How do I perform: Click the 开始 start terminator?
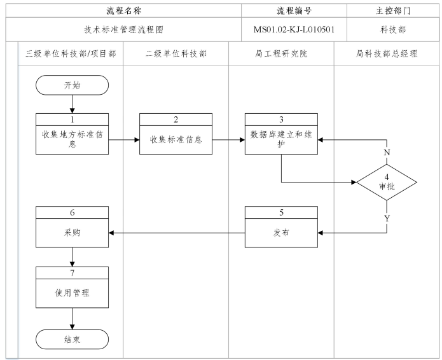coord(72,85)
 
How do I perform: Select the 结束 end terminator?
coord(72,340)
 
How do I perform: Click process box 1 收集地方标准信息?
coord(72,134)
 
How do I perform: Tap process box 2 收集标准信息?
coord(176,134)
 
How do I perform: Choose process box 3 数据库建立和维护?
coord(282,134)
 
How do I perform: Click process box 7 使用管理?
coord(72,287)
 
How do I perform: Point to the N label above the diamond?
coord(386,153)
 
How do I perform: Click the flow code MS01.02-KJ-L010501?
coord(294,29)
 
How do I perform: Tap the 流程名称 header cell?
coord(123,10)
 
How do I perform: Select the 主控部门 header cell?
coord(392,10)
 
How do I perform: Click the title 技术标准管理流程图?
coord(123,29)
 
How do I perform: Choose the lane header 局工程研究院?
coord(281,54)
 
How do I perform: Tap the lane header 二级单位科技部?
coord(176,54)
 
